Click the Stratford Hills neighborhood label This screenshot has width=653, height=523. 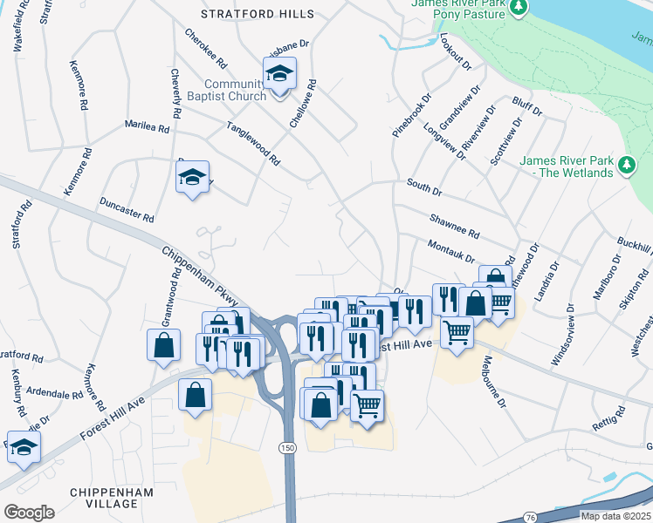point(257,15)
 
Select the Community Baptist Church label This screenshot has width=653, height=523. point(236,90)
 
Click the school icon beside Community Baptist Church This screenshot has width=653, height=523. point(280,74)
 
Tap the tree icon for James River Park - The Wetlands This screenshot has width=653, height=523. point(625,165)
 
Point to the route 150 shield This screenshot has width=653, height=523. point(287,447)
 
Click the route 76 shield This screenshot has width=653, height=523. point(531,518)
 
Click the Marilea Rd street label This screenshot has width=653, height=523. point(147,127)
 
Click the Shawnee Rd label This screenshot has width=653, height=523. point(454,228)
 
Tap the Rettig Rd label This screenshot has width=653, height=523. point(609,421)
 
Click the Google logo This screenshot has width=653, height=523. point(29,512)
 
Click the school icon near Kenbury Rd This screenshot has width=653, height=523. point(24,445)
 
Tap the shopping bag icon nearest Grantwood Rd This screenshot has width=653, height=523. point(163,344)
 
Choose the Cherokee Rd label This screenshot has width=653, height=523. point(206,50)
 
